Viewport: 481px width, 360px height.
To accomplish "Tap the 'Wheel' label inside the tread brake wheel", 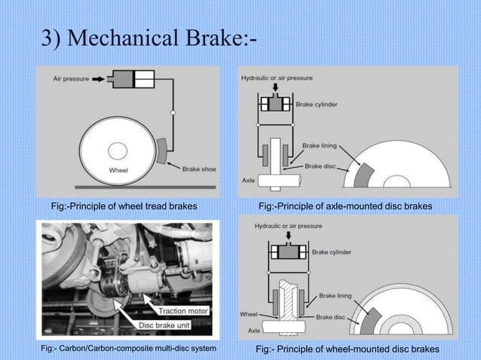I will point(118,169).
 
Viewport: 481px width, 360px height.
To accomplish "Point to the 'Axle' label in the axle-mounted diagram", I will point(248,181).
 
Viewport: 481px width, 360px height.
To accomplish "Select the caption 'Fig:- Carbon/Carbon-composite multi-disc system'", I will point(129,349).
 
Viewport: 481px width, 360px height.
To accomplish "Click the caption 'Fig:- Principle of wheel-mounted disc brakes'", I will point(348,349).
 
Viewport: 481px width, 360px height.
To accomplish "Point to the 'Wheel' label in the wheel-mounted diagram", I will point(249,313).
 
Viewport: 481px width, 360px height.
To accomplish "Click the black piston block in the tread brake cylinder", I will point(121,78).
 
